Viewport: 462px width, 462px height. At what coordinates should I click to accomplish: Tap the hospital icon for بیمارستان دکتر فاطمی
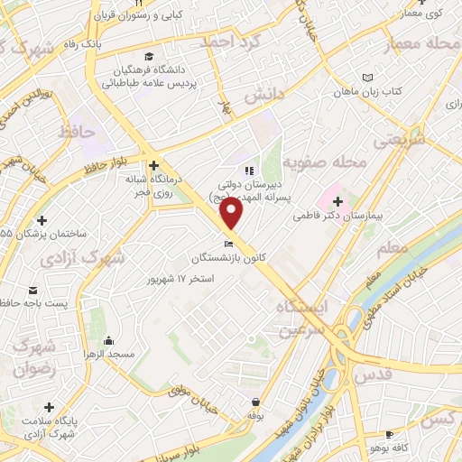[x=337, y=200]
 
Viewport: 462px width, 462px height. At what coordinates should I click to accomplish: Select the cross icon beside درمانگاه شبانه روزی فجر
[x=154, y=165]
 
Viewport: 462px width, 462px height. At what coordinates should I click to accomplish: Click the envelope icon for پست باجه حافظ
[x=33, y=291]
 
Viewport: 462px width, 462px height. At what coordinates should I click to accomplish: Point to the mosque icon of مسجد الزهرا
[x=109, y=341]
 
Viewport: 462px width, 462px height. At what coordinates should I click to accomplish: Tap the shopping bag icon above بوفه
[x=257, y=402]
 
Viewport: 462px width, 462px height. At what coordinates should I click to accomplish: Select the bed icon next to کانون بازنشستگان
[x=230, y=245]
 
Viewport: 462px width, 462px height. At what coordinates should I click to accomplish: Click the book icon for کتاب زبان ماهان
[x=365, y=78]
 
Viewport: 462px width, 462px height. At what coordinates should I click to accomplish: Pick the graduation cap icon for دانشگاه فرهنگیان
[x=148, y=56]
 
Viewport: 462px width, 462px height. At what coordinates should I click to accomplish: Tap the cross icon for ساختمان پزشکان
[x=42, y=219]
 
